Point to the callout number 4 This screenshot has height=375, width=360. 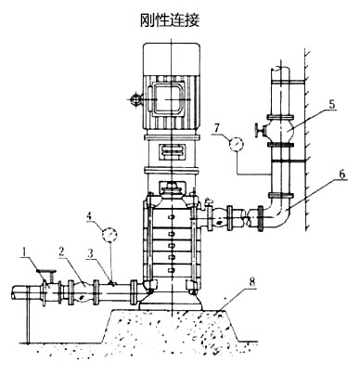89,220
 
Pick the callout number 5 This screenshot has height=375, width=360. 329,106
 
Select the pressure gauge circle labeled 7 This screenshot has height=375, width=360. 234,144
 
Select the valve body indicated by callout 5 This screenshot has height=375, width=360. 281,127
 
